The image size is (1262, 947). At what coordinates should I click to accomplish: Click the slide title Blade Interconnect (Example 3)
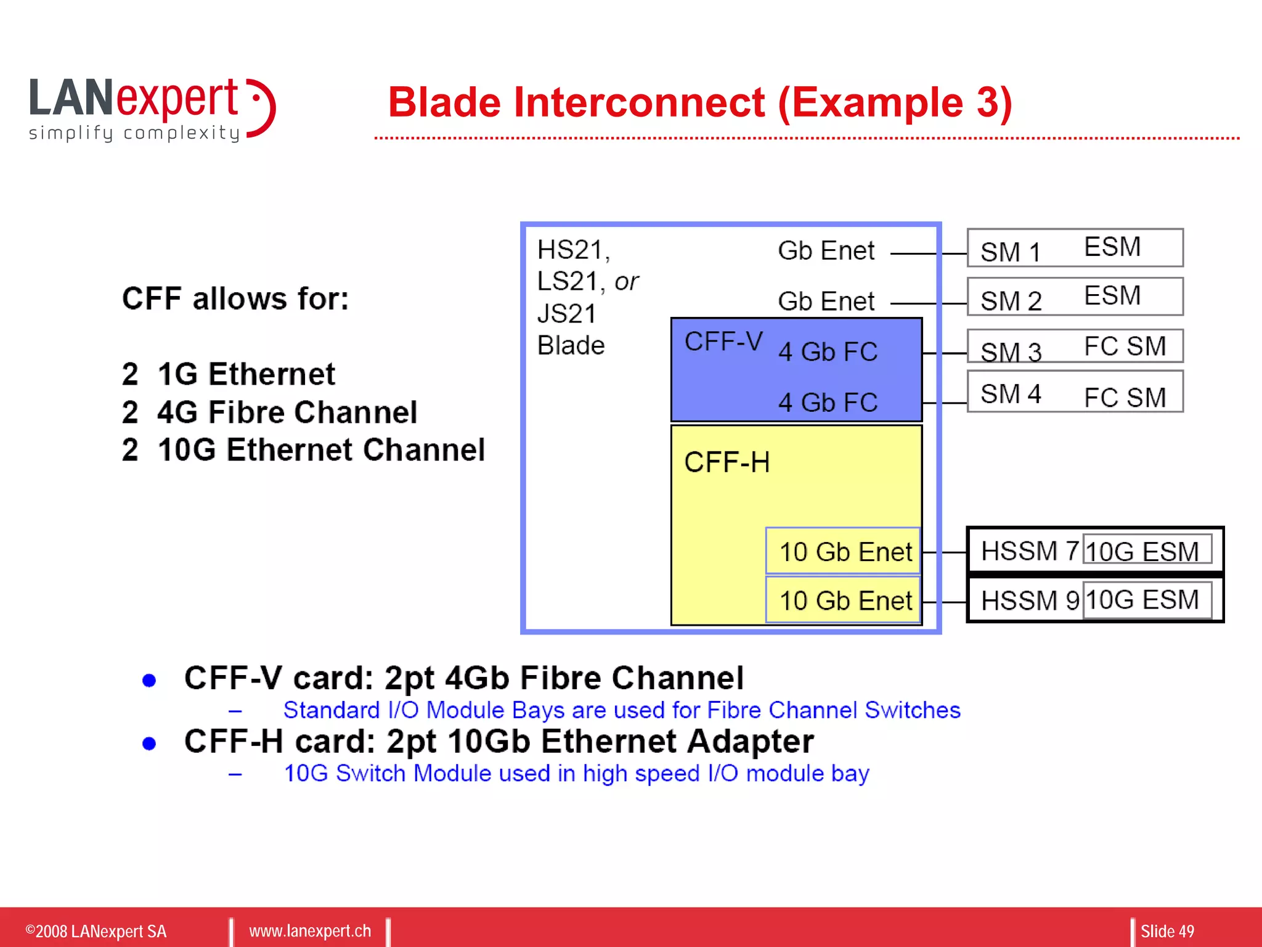pos(700,102)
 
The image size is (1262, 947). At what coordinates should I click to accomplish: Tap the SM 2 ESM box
pos(1074,297)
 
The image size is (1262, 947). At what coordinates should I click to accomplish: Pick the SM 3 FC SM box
pos(1074,346)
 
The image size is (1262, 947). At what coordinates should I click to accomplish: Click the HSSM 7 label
pos(1029,551)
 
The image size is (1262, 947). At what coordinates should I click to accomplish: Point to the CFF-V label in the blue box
pos(723,342)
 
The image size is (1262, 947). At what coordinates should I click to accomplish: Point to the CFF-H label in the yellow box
pos(727,462)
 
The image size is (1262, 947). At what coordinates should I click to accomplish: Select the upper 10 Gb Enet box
pos(844,551)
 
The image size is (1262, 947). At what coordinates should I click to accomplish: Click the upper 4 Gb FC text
pos(828,352)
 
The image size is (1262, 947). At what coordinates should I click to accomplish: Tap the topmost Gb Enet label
pos(826,251)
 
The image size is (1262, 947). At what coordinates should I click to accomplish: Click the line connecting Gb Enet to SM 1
pos(928,253)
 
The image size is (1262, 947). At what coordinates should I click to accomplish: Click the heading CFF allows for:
pos(235,299)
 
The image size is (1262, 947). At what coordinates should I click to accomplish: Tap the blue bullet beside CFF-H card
pos(149,744)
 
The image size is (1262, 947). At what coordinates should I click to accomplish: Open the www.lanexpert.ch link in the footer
pos(310,931)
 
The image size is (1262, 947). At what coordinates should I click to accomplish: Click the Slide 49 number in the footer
pos(1167,931)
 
